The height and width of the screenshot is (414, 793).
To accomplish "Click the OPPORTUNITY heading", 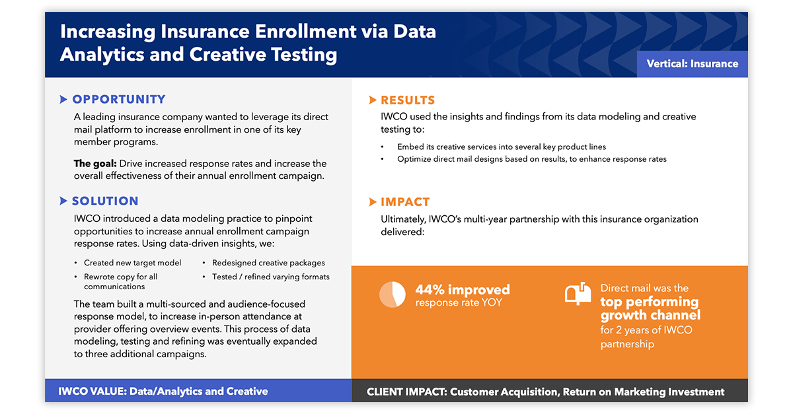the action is (119, 100).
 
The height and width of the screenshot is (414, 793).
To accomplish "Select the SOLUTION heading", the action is (105, 201).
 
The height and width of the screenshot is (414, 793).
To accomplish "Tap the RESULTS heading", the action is (408, 100).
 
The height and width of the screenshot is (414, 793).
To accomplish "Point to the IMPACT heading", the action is (405, 201).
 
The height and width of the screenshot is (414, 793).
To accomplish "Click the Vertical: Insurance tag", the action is (692, 63).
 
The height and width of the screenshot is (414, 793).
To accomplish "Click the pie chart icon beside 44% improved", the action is (393, 294).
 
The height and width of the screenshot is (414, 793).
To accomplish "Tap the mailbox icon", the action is (578, 294).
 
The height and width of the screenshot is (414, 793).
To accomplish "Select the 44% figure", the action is (430, 290).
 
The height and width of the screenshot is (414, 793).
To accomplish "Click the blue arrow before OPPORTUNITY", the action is (63, 100).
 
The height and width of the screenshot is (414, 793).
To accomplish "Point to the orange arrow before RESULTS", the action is (373, 100).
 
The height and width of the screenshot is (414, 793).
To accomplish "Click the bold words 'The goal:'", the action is (95, 164).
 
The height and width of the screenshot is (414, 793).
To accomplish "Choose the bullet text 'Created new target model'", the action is (132, 263).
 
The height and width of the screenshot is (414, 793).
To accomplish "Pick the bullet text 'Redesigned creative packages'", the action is (268, 263).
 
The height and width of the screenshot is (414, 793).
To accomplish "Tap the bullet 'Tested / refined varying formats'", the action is (271, 277).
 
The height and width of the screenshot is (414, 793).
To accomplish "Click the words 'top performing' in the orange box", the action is (650, 302).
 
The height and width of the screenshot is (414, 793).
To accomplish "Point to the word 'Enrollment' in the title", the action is (305, 31).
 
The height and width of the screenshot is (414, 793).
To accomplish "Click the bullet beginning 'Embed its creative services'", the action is (502, 147).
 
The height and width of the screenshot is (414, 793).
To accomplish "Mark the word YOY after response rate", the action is (491, 302).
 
